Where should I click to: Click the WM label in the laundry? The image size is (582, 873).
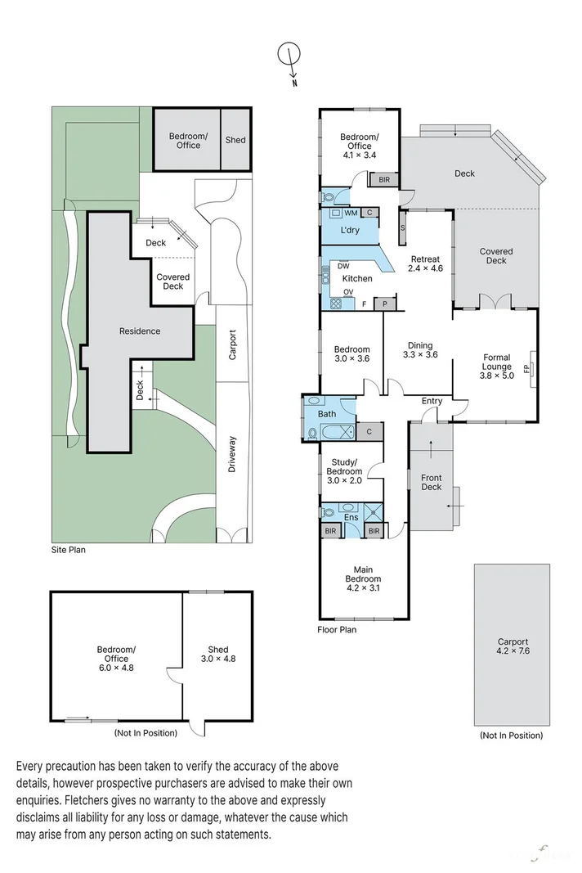click(339, 213)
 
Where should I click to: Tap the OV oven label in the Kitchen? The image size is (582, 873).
click(347, 292)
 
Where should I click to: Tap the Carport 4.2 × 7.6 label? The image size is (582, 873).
click(513, 647)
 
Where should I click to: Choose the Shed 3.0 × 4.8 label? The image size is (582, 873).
click(217, 654)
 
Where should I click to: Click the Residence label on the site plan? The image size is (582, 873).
click(140, 331)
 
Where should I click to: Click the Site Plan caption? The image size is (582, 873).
click(68, 550)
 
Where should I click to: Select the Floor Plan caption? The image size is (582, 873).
click(337, 629)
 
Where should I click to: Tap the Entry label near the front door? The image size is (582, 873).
click(432, 401)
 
